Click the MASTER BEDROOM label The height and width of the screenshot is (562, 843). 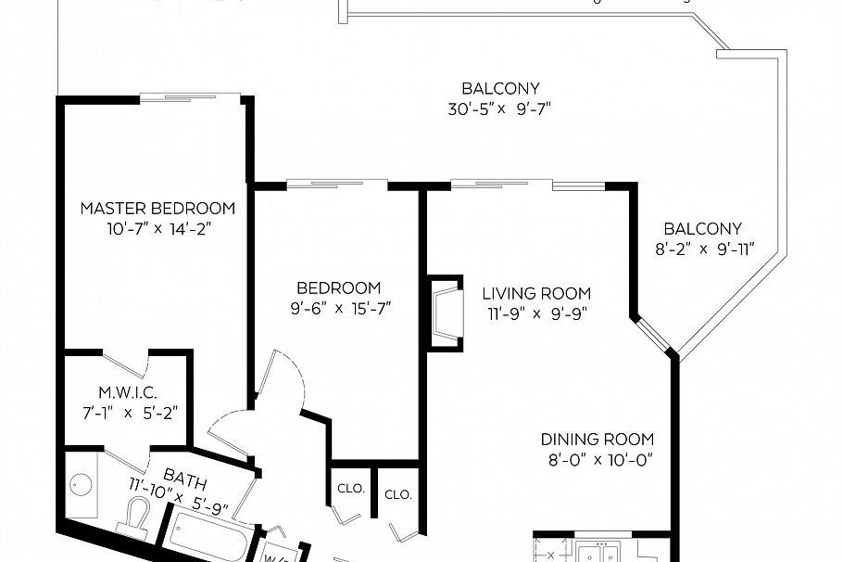click(x=157, y=208)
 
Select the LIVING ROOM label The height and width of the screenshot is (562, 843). click(x=535, y=293)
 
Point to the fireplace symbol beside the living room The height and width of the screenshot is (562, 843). click(x=445, y=312)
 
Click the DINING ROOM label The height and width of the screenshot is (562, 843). click(x=597, y=440)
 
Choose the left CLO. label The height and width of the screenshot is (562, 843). click(x=351, y=489)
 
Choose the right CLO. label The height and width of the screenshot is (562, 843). click(x=397, y=493)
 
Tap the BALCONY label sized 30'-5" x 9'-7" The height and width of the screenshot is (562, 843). click(x=500, y=89)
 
